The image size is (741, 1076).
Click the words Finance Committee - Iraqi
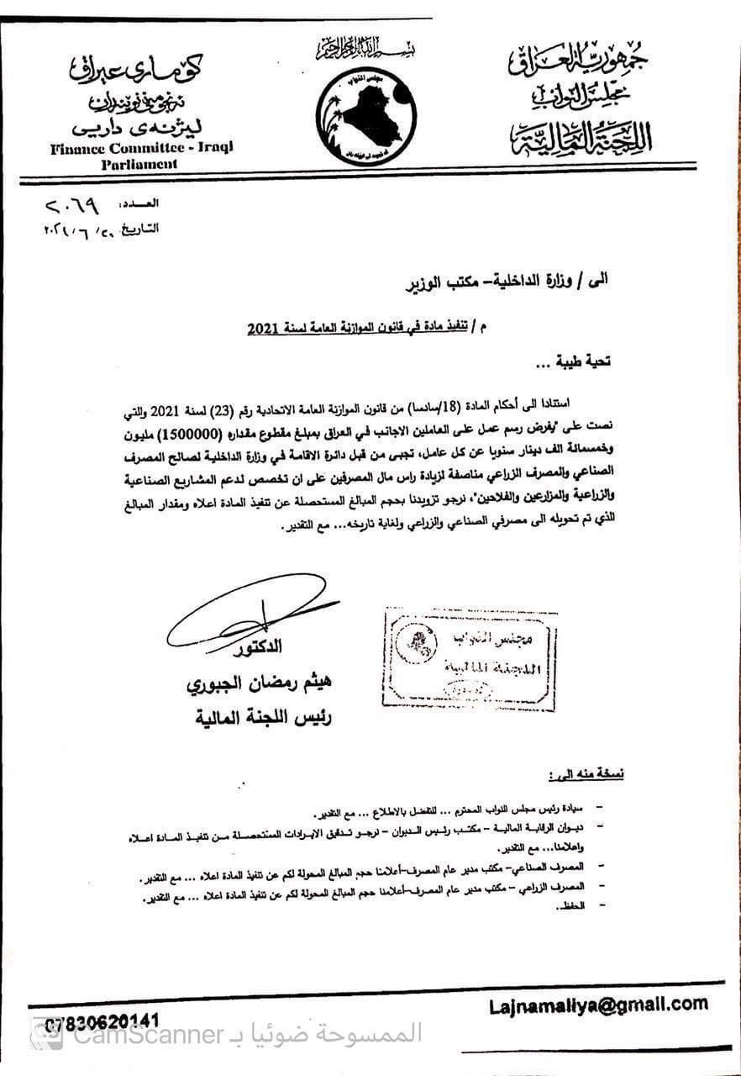click(x=141, y=147)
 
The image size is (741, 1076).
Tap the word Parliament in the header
click(x=139, y=164)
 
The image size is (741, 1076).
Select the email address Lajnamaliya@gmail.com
click(x=598, y=1004)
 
